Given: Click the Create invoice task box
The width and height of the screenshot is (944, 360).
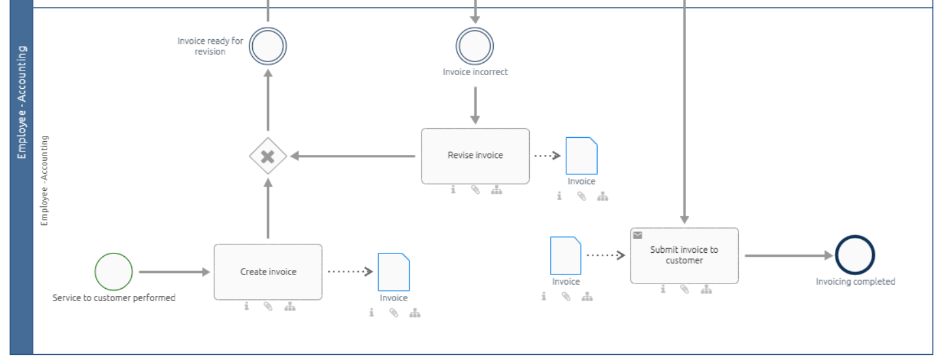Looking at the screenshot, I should click(268, 272).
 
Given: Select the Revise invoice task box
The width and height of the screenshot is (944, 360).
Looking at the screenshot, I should click(475, 155).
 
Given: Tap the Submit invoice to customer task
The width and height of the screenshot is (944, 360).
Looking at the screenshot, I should click(684, 255).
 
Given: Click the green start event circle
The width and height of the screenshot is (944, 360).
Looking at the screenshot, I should click(114, 272).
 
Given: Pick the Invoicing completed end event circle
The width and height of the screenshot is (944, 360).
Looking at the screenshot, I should click(854, 255).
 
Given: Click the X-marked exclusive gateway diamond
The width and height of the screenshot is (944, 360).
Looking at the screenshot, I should click(268, 156).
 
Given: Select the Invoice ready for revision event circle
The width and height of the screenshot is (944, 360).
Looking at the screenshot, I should click(268, 46).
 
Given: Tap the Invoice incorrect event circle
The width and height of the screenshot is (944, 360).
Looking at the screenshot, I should click(475, 46).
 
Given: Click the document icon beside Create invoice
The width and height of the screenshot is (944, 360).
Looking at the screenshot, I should click(393, 272).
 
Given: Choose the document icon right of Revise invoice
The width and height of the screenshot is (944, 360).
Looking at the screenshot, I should click(581, 155).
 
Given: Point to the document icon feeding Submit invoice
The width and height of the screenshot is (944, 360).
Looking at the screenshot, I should click(566, 255).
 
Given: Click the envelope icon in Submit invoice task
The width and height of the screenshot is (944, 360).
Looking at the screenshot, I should click(638, 235).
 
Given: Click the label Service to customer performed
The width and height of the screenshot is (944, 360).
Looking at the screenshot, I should click(114, 298).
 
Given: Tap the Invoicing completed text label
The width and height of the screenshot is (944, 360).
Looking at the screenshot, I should click(855, 282).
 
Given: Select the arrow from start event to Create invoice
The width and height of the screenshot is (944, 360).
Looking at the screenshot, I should click(174, 272).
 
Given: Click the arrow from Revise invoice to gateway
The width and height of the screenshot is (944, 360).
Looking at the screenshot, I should click(353, 156).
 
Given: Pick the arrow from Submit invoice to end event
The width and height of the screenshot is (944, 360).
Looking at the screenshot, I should click(788, 255).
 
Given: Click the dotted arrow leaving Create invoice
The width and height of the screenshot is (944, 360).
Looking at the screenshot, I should click(350, 272).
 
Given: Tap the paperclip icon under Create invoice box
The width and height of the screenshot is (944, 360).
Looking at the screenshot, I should click(268, 306).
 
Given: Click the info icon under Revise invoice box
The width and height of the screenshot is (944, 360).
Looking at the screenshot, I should click(453, 190).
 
